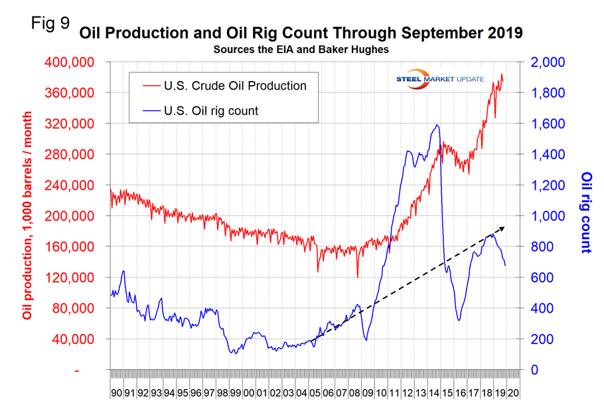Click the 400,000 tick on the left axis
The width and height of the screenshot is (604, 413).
(75, 62)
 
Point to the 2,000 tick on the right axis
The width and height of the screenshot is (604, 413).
(549, 62)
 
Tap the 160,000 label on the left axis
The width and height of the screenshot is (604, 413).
(75, 247)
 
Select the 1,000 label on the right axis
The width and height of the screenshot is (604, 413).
(549, 216)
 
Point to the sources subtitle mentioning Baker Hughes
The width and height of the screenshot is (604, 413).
(302, 49)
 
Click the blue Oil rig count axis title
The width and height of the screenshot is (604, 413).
(586, 212)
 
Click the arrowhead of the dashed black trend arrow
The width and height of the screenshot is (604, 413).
(504, 227)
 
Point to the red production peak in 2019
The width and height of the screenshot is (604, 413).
(502, 74)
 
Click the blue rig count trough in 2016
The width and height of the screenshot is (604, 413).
(459, 321)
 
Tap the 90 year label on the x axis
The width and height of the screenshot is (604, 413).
(116, 392)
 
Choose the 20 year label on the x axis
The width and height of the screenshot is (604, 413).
(513, 392)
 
